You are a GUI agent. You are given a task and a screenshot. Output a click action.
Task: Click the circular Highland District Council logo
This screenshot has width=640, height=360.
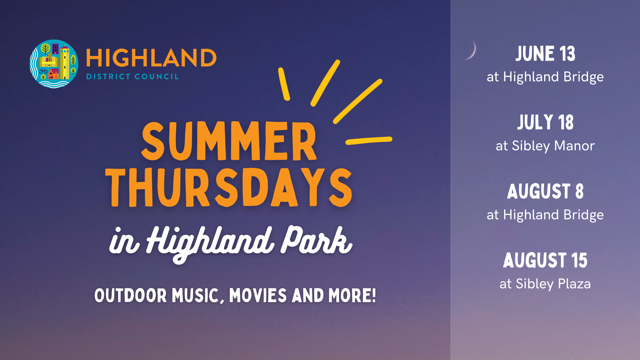coord(54,64)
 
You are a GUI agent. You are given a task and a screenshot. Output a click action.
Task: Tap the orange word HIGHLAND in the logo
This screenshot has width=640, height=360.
coord(151,58)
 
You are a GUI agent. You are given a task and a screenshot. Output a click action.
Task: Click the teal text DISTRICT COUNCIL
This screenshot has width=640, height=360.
coord(133,77)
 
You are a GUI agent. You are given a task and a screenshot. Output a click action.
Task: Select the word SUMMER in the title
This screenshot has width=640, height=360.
coord(229,141)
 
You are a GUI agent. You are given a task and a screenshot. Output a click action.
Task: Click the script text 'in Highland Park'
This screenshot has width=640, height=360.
coord(231,243)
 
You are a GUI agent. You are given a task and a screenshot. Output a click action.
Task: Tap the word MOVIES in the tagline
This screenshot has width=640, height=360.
coord(258,296)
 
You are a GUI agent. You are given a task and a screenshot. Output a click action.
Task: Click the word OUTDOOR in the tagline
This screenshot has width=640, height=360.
coord(130,296)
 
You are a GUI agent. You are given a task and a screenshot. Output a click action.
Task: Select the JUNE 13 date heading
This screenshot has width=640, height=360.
coord(545,54)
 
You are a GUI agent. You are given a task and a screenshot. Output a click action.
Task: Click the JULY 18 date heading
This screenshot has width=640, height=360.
coord(545,122)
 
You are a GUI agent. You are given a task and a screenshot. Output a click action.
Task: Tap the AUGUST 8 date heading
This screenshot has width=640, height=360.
coord(545,191)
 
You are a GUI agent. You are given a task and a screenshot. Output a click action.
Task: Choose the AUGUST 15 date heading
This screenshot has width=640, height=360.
coord(545,260)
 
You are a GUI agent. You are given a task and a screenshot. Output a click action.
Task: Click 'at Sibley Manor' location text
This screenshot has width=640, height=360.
coord(545,146)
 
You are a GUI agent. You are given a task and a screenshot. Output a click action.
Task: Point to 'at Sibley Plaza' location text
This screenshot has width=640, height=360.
coord(545,284)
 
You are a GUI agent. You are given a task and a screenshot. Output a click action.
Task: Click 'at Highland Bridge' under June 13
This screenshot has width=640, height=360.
coord(545,77)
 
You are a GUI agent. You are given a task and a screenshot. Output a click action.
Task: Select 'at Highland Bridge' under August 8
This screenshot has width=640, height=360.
coord(545,215)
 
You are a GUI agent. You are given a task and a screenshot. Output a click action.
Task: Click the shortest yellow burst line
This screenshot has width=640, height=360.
coord(284,84)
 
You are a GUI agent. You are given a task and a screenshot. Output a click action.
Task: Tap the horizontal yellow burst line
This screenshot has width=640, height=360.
coord(369,141)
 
